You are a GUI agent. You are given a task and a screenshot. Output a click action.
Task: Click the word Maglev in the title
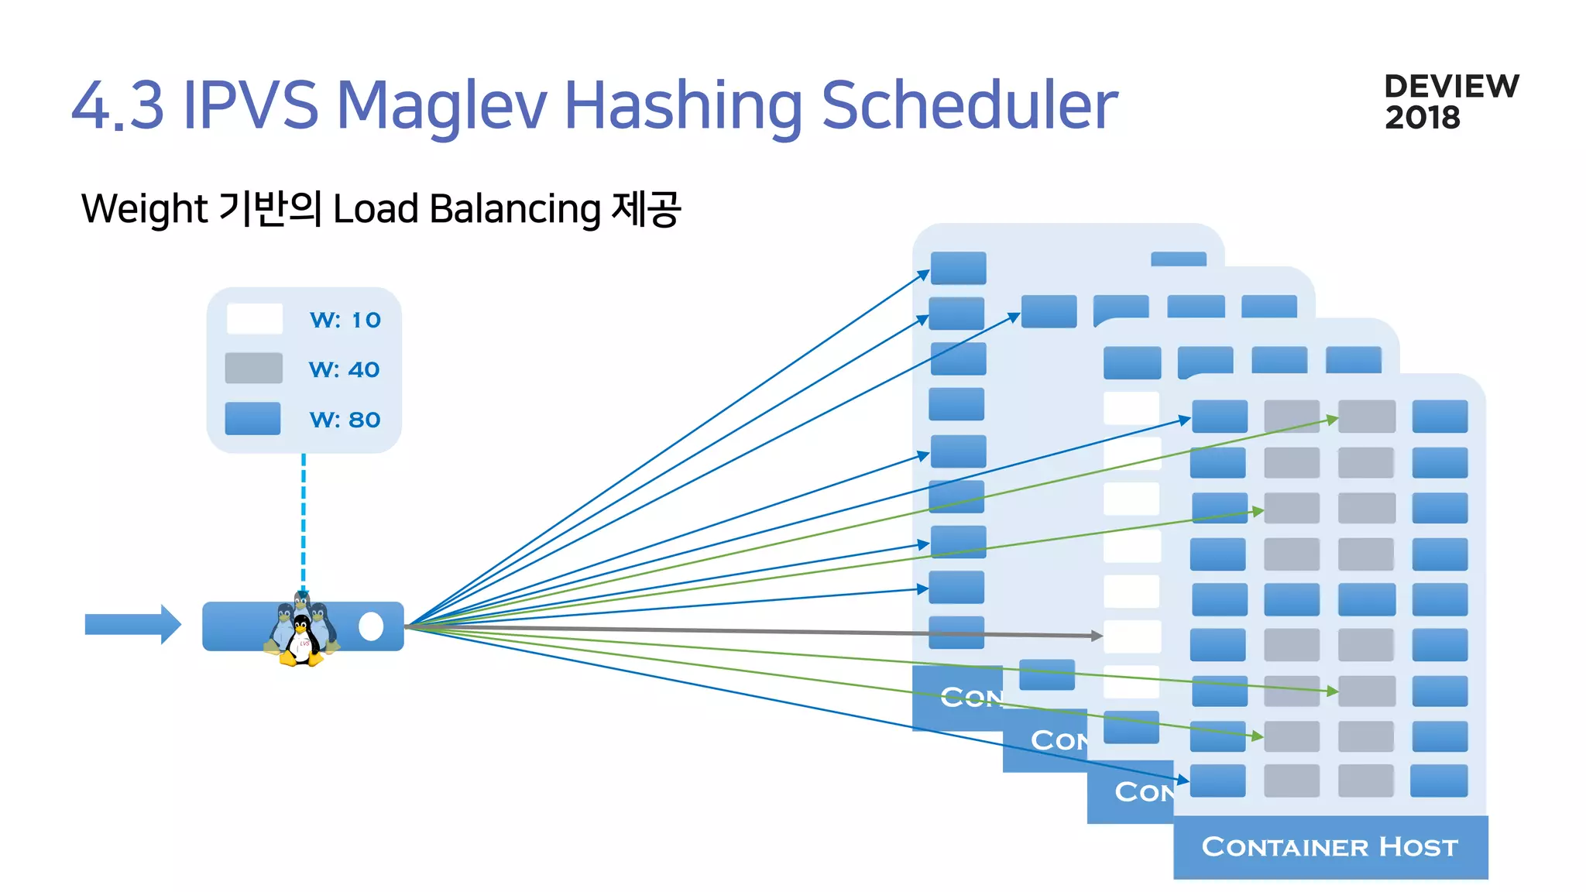pyautogui.click(x=442, y=105)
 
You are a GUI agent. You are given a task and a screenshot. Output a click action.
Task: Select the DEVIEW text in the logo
pyautogui.click(x=1451, y=86)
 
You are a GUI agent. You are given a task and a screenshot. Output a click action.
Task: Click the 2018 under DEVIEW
pyautogui.click(x=1423, y=118)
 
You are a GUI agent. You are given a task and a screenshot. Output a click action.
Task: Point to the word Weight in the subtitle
pyautogui.click(x=144, y=208)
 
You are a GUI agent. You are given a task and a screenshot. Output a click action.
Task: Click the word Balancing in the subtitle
pyautogui.click(x=515, y=209)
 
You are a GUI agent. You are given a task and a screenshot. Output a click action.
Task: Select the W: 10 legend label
pyautogui.click(x=345, y=320)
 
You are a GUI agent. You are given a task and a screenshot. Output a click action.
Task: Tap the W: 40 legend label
pyautogui.click(x=345, y=369)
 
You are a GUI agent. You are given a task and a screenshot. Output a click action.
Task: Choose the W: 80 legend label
pyautogui.click(x=345, y=419)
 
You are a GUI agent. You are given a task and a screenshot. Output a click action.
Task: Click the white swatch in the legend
pyautogui.click(x=254, y=318)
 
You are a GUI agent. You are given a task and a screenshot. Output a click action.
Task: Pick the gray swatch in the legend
pyautogui.click(x=253, y=368)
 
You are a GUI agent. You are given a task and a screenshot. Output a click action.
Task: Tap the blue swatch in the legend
pyautogui.click(x=252, y=418)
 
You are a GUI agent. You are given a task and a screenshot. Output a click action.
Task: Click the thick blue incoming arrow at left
pyautogui.click(x=132, y=624)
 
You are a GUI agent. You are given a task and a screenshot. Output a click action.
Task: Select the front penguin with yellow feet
pyautogui.click(x=300, y=641)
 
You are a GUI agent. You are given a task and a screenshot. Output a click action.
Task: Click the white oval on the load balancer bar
pyautogui.click(x=371, y=626)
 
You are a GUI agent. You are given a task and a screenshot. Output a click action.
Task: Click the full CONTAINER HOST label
pyautogui.click(x=1330, y=846)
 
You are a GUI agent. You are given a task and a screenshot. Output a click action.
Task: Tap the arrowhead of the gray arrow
pyautogui.click(x=1097, y=635)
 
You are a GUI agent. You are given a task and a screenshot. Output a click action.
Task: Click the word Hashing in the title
pyautogui.click(x=684, y=105)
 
